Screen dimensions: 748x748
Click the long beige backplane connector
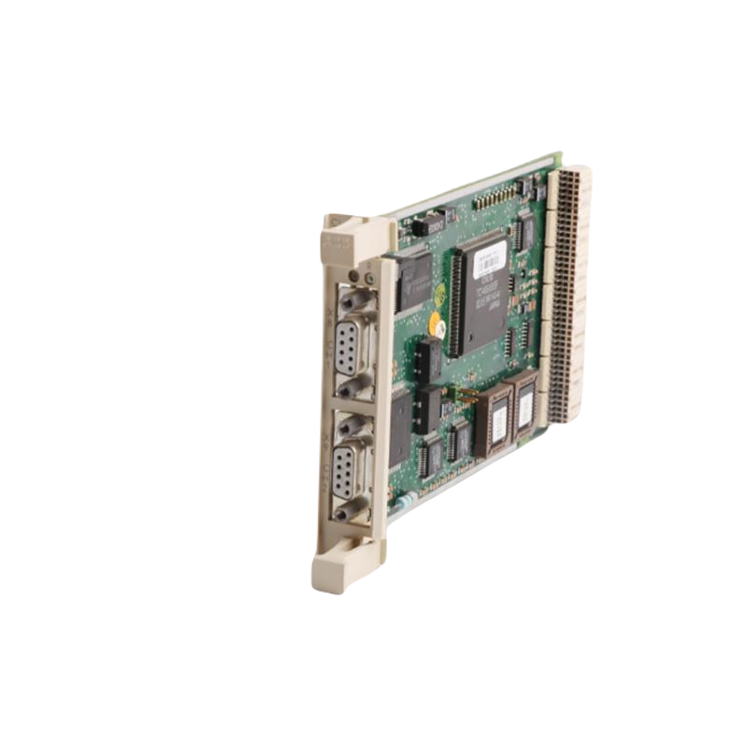(x=566, y=290)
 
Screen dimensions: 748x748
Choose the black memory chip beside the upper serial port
(x=414, y=280)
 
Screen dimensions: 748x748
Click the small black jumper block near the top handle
(x=430, y=224)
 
